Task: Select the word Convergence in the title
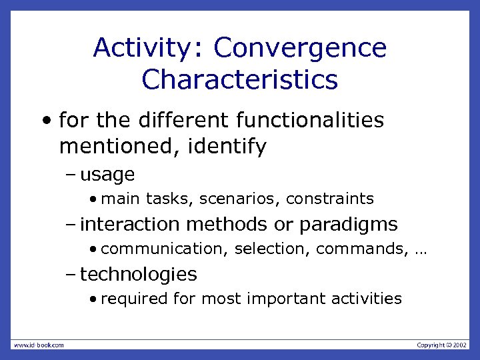(x=300, y=49)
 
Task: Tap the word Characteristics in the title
(x=240, y=80)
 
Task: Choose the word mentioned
(x=117, y=146)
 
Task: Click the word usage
(x=107, y=175)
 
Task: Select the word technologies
(x=139, y=274)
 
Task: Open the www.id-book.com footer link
(x=38, y=345)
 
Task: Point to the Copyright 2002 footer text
(x=442, y=345)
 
